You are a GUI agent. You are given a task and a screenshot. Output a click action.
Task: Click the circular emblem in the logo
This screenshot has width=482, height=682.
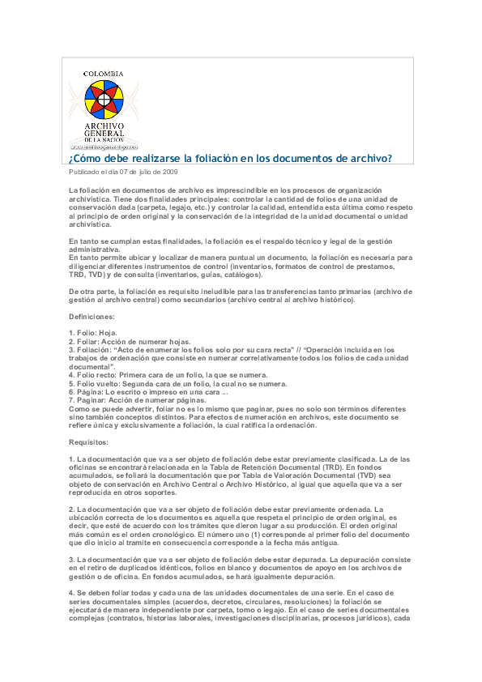(x=103, y=100)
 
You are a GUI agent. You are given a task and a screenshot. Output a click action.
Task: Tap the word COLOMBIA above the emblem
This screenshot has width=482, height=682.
(x=104, y=74)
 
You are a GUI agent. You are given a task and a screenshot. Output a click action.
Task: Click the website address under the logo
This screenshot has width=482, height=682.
(x=104, y=147)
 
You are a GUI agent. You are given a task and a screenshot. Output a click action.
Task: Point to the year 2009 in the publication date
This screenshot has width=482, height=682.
(x=169, y=173)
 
